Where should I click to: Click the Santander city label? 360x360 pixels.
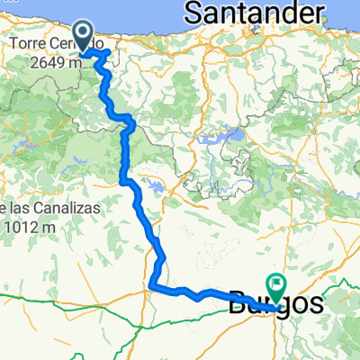(253, 13)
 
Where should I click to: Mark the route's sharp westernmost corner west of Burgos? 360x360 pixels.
(149, 287)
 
